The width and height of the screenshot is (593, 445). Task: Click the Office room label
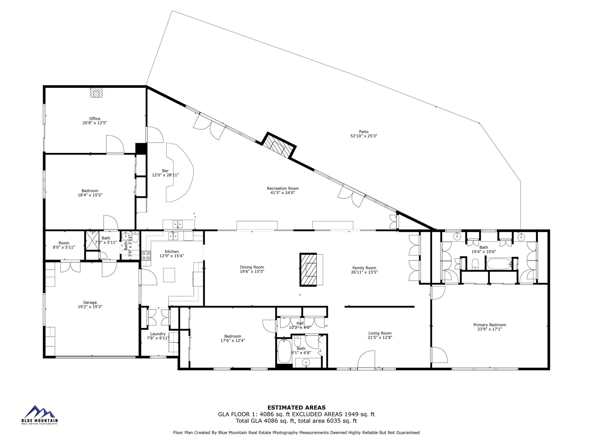click(x=95, y=119)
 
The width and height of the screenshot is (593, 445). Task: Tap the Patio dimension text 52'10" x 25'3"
click(x=364, y=136)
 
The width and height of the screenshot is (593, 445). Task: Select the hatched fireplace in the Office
click(x=96, y=93)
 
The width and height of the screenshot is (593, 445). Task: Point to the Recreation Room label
click(x=283, y=188)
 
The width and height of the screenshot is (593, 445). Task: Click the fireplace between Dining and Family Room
click(x=308, y=270)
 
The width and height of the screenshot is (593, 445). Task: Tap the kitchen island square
click(x=169, y=275)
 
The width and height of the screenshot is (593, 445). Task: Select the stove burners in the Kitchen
click(x=146, y=256)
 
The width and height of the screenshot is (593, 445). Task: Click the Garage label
click(x=90, y=302)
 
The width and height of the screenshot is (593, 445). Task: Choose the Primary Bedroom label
click(x=490, y=325)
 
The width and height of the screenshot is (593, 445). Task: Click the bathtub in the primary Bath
click(x=499, y=264)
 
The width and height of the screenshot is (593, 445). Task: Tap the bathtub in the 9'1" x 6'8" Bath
click(x=284, y=351)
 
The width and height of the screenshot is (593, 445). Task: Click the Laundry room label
click(x=158, y=334)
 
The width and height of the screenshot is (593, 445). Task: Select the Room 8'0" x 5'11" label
click(x=64, y=243)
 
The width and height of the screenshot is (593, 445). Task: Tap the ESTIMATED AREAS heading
click(x=296, y=408)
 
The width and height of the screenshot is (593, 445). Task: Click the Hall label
click(x=300, y=323)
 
